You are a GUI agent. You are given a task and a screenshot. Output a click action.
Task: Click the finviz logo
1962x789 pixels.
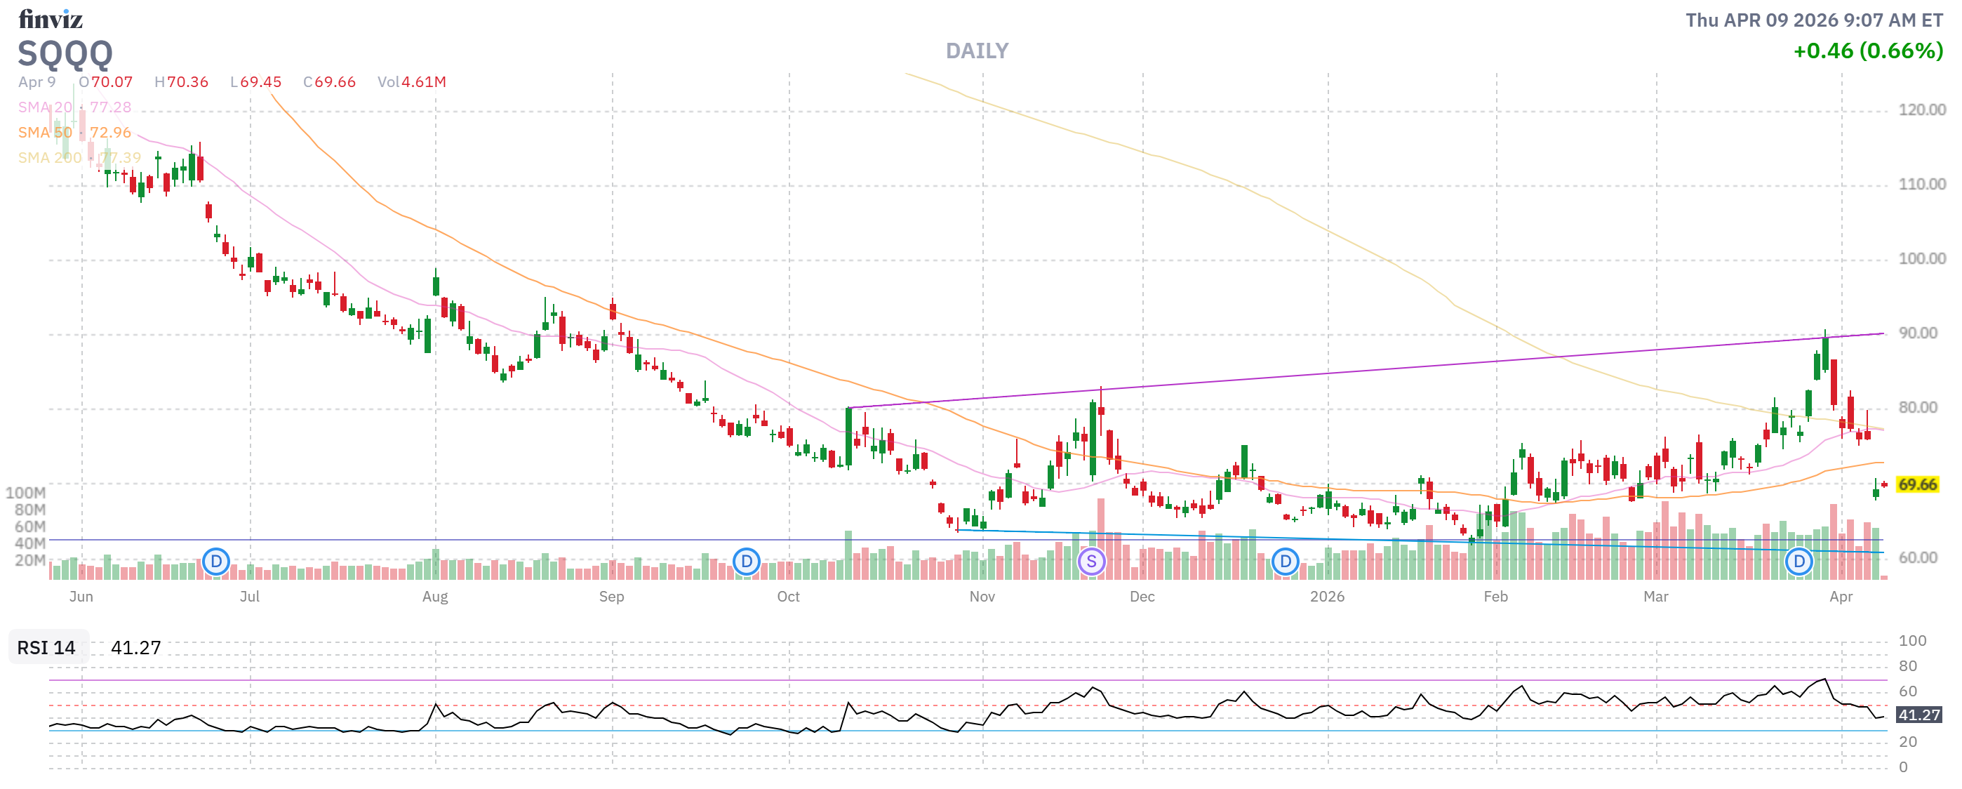pyautogui.click(x=51, y=18)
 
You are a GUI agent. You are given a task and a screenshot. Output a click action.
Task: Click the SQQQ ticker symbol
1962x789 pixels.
pyautogui.click(x=65, y=53)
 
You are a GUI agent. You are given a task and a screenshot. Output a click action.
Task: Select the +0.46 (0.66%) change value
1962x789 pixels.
pyautogui.click(x=1867, y=51)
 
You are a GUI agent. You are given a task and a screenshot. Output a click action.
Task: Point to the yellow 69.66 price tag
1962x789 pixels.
pyautogui.click(x=1916, y=485)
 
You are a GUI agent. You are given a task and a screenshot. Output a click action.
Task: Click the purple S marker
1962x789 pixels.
pyautogui.click(x=1091, y=562)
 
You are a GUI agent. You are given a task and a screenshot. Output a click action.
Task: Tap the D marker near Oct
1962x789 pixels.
pyautogui.click(x=747, y=562)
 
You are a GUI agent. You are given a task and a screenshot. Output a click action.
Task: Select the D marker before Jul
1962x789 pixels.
pyautogui.click(x=216, y=562)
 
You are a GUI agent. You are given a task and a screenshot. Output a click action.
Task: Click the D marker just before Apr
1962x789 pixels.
pyautogui.click(x=1799, y=562)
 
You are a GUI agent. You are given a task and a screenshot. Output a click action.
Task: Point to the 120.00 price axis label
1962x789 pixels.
pyautogui.click(x=1921, y=110)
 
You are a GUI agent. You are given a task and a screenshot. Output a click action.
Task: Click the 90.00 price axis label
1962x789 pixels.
pyautogui.click(x=1917, y=333)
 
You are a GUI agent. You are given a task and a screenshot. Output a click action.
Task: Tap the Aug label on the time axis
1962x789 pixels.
pyautogui.click(x=435, y=597)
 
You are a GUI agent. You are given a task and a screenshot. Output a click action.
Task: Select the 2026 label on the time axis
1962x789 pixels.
pyautogui.click(x=1327, y=597)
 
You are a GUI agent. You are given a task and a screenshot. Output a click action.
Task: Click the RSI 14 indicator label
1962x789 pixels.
pyautogui.click(x=46, y=648)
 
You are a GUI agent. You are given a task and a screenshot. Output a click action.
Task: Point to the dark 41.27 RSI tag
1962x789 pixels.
pyautogui.click(x=1918, y=715)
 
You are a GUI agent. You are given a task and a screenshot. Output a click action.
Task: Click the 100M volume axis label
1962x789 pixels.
pyautogui.click(x=25, y=493)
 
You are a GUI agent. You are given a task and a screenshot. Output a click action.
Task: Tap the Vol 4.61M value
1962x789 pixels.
pyautogui.click(x=412, y=82)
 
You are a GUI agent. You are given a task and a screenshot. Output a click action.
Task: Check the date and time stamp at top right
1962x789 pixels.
pyautogui.click(x=1813, y=20)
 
